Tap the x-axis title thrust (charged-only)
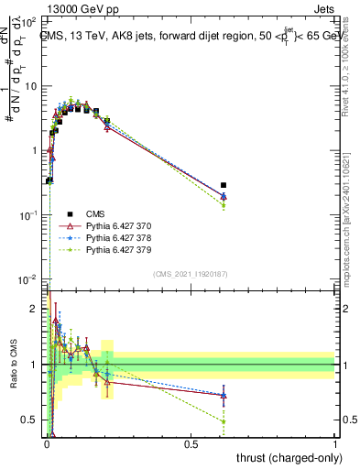coord(291,457)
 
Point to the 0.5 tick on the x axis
coord(191,442)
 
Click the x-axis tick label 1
coord(335,442)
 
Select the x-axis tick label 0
coord(47,442)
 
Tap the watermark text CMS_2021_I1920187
coord(191,274)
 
